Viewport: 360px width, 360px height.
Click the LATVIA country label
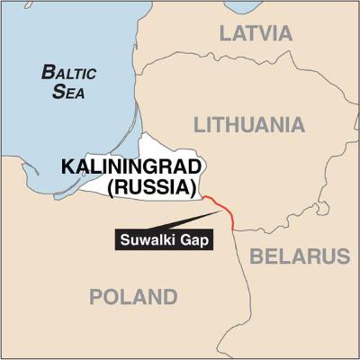pyautogui.click(x=256, y=34)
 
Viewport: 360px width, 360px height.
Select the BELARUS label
pyautogui.click(x=299, y=256)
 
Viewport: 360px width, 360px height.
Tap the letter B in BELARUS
pyautogui.click(x=256, y=256)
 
